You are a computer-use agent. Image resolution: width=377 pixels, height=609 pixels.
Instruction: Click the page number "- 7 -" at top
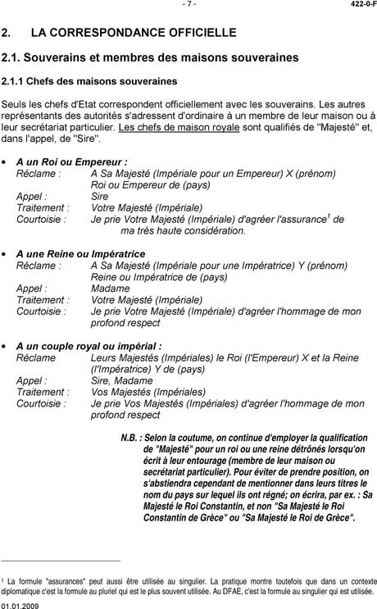pos(189,5)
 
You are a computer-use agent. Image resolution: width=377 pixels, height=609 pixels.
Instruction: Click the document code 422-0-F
pos(357,5)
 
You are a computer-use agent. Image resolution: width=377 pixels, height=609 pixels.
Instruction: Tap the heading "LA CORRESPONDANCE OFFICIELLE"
pos(133,33)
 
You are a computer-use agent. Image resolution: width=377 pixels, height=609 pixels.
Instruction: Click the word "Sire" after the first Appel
pos(99,197)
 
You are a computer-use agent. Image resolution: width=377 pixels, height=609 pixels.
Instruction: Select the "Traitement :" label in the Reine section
pos(43,300)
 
